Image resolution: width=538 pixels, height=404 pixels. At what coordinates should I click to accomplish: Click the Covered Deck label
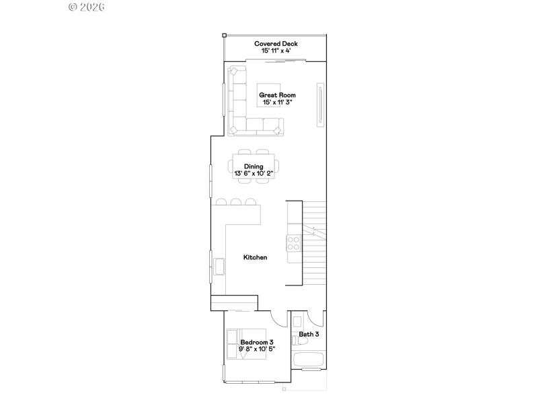point(276,44)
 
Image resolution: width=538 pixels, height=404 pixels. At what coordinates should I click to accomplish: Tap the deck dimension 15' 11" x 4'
point(276,50)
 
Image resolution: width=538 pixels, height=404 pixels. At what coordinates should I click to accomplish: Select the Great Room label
point(278,95)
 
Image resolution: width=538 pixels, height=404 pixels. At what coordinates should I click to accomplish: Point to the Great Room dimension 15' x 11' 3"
point(278,102)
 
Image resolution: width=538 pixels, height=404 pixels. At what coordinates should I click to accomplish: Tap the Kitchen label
point(255,257)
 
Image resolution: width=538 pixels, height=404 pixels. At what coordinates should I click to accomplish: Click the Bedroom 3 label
point(257,342)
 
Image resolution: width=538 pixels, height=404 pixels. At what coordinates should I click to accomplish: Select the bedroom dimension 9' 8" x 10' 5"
point(257,349)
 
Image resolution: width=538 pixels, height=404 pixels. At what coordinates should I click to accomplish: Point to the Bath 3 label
point(309,334)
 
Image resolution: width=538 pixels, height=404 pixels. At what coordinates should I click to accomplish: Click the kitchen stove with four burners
point(294,241)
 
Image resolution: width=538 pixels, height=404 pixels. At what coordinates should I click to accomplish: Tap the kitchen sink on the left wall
point(219,267)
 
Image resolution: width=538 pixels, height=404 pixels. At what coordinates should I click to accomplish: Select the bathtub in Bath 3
point(309,359)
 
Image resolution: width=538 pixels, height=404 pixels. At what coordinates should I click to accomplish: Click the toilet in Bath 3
point(298,321)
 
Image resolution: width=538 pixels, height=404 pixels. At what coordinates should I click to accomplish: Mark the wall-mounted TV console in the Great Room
point(321,104)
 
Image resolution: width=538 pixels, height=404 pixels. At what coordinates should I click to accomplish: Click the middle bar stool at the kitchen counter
point(235,201)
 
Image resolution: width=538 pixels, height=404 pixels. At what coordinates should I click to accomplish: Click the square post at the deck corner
point(225,35)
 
